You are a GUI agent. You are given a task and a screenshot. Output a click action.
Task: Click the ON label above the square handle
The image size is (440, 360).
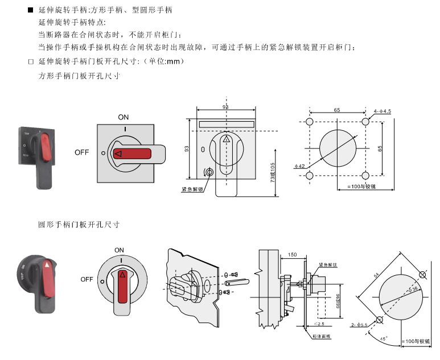[x=124, y=117]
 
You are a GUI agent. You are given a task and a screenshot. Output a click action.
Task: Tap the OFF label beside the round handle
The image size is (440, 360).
[x=87, y=279]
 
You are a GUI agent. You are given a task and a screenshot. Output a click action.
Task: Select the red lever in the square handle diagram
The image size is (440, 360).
[x=131, y=154]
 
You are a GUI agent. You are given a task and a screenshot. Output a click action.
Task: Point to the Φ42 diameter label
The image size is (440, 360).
[x=300, y=166]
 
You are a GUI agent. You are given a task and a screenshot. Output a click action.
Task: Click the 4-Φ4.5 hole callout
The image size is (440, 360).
[x=383, y=111]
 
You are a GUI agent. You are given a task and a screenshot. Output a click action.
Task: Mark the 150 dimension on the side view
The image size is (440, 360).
[x=293, y=255]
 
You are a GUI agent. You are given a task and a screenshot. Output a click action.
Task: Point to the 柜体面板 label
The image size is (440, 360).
[x=322, y=337]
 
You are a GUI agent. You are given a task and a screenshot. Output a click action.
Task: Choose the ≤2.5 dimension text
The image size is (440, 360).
[x=319, y=324]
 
